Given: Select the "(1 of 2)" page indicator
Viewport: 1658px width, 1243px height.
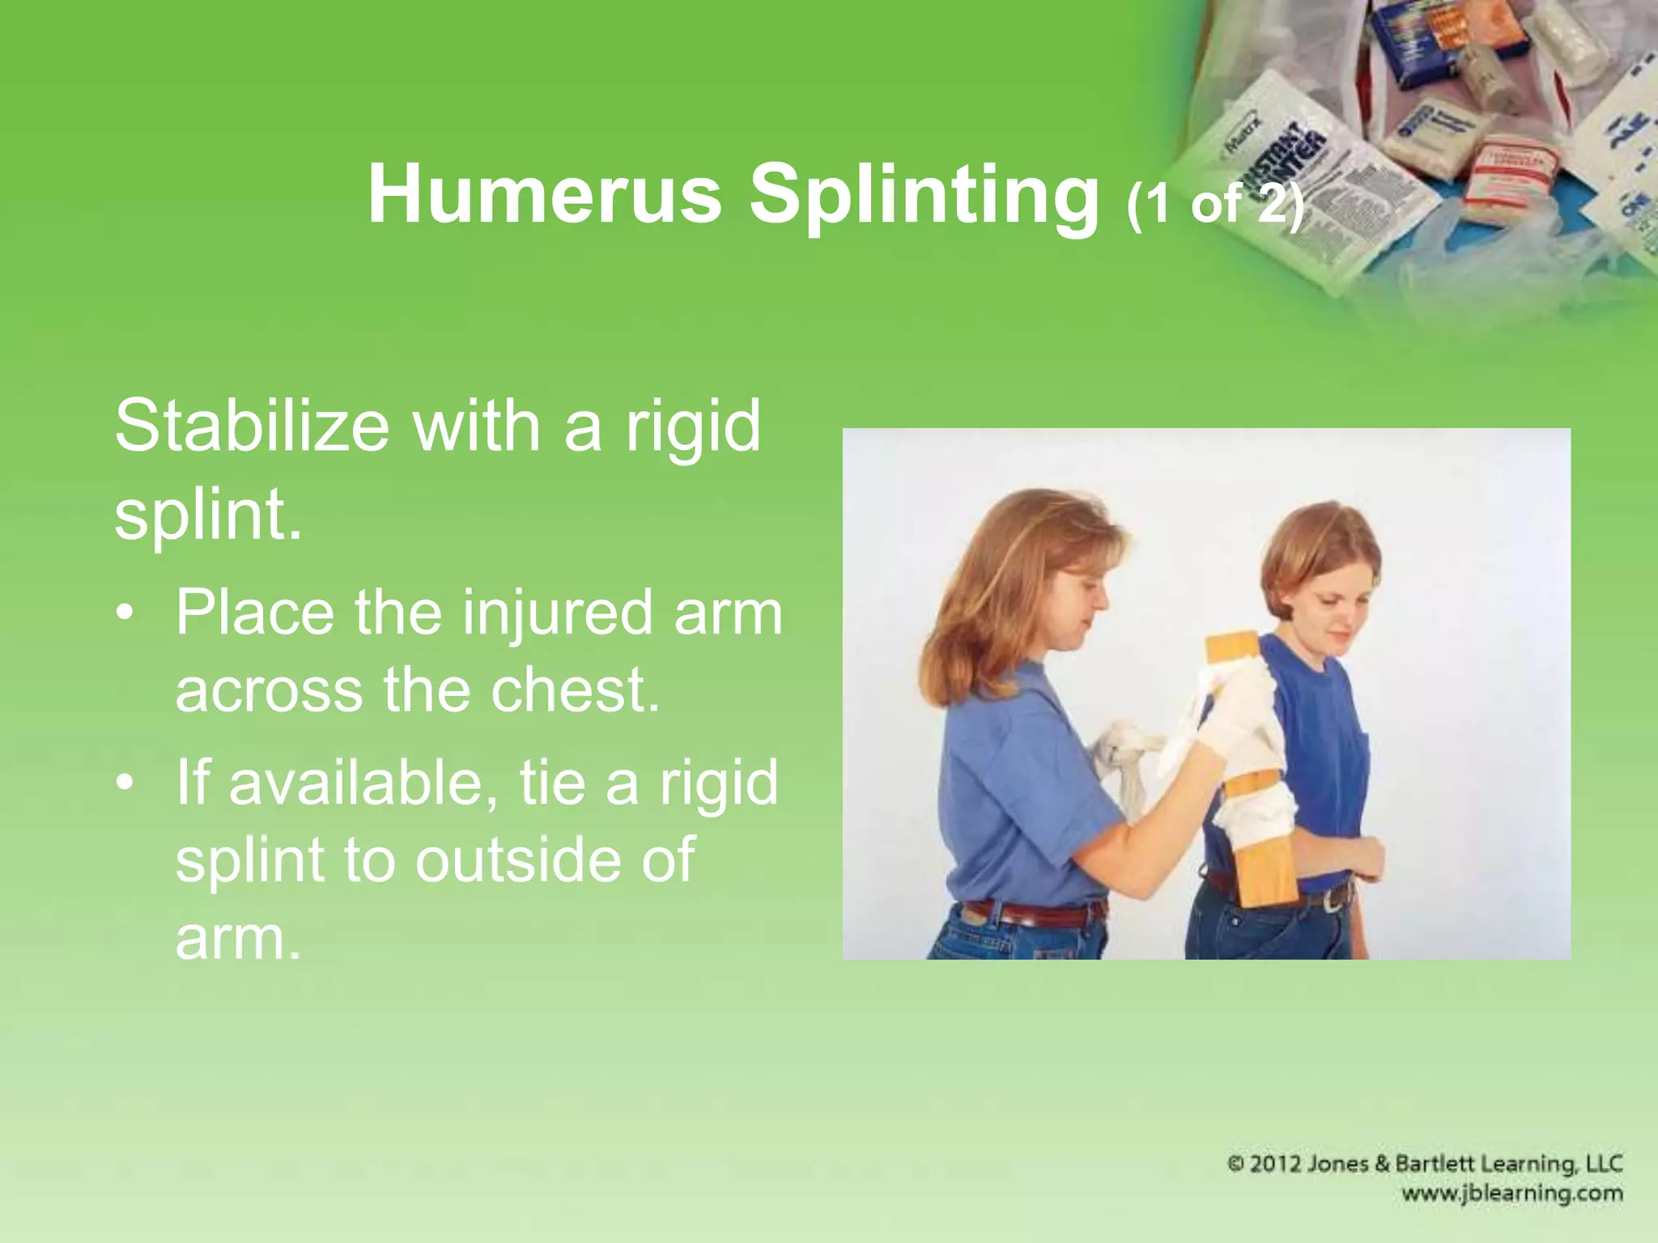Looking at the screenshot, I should [1214, 204].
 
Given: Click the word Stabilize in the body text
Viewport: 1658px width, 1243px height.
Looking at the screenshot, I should [252, 426].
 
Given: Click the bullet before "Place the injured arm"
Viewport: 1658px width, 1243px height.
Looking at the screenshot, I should [124, 613].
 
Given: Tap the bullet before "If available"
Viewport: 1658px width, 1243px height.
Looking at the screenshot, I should [124, 783].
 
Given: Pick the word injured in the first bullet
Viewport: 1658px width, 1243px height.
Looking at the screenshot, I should [558, 613].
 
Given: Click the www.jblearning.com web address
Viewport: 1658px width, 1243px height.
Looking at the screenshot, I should [1512, 1193].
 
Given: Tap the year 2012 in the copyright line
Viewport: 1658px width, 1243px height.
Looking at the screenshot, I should [1288, 1164].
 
